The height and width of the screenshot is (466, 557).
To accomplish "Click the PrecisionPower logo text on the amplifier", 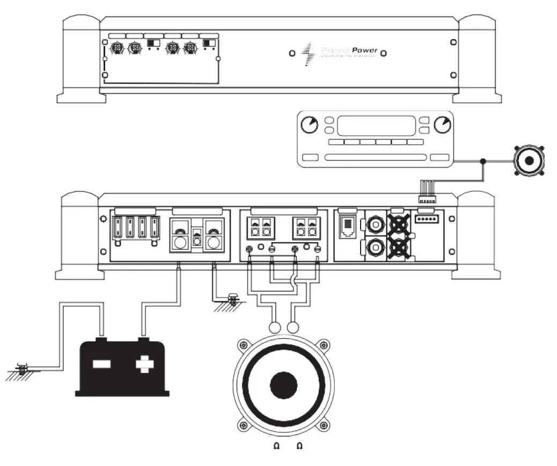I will pyautogui.click(x=349, y=52).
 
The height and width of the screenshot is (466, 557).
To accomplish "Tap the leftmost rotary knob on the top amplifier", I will pyautogui.click(x=115, y=49).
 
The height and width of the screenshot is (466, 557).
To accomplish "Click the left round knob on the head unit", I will pyautogui.click(x=309, y=125).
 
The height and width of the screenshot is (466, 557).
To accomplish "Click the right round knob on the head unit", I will pyautogui.click(x=442, y=125).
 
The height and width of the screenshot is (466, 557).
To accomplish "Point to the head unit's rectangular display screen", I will pyautogui.click(x=376, y=126).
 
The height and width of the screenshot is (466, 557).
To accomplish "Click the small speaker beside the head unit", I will pyautogui.click(x=529, y=160).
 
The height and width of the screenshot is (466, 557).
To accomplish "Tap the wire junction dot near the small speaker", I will pyautogui.click(x=483, y=161).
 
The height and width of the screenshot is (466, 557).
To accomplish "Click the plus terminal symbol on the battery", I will pyautogui.click(x=143, y=365).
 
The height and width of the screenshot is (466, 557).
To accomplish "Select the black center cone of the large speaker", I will pyautogui.click(x=283, y=385).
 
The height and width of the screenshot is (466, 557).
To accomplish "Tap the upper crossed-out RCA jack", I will pyautogui.click(x=399, y=224).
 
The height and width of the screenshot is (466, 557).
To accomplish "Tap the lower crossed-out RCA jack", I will pyautogui.click(x=399, y=248).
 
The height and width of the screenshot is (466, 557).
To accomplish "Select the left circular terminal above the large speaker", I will pyautogui.click(x=275, y=327).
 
